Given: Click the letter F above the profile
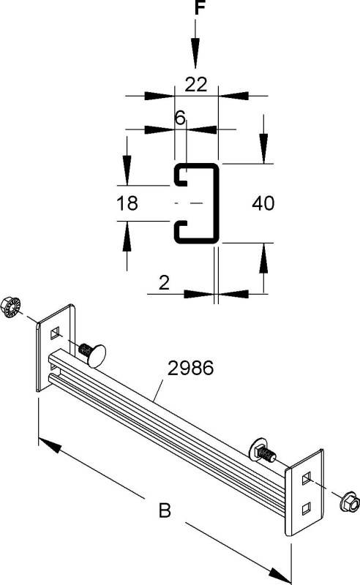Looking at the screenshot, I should [x=195, y=10].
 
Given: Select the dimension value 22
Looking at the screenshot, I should [x=195, y=84].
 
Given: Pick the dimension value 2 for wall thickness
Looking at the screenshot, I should [x=164, y=282].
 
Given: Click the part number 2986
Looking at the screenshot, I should [x=190, y=369].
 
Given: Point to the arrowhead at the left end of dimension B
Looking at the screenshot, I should [x=45, y=444].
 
